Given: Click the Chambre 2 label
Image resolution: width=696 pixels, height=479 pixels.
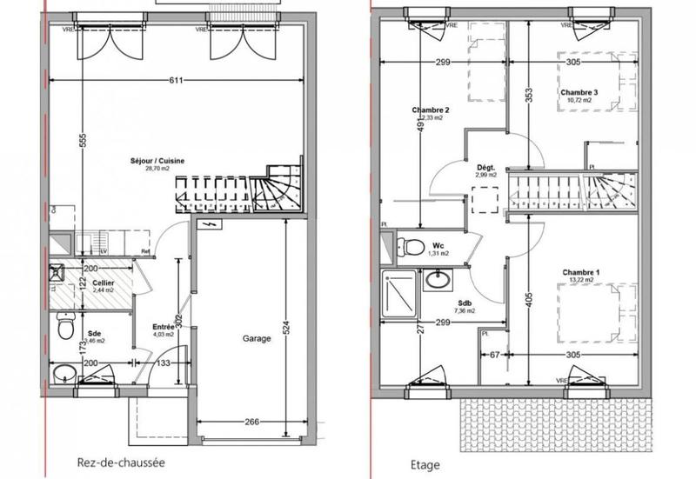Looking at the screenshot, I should click(x=431, y=110).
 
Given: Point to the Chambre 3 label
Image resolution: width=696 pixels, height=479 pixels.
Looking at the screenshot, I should click(x=579, y=92).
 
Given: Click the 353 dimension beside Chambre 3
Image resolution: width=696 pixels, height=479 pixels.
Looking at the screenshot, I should click(x=528, y=96).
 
